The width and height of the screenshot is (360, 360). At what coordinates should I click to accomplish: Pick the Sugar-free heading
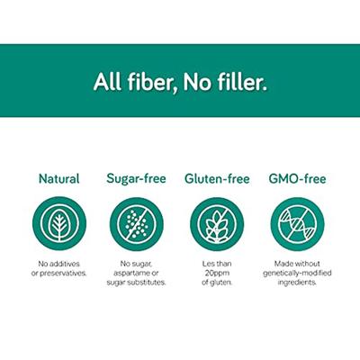point(138,178)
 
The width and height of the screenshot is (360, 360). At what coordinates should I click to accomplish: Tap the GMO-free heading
point(296,178)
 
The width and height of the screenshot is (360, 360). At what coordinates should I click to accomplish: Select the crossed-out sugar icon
point(138,223)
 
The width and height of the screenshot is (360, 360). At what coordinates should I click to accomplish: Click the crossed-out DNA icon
point(296,223)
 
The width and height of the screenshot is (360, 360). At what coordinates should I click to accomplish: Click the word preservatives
point(67,273)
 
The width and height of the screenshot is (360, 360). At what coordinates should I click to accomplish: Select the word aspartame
point(133,273)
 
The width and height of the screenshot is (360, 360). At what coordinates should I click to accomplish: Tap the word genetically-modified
point(296,273)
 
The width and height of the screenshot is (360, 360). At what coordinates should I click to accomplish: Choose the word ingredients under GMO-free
point(296,282)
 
